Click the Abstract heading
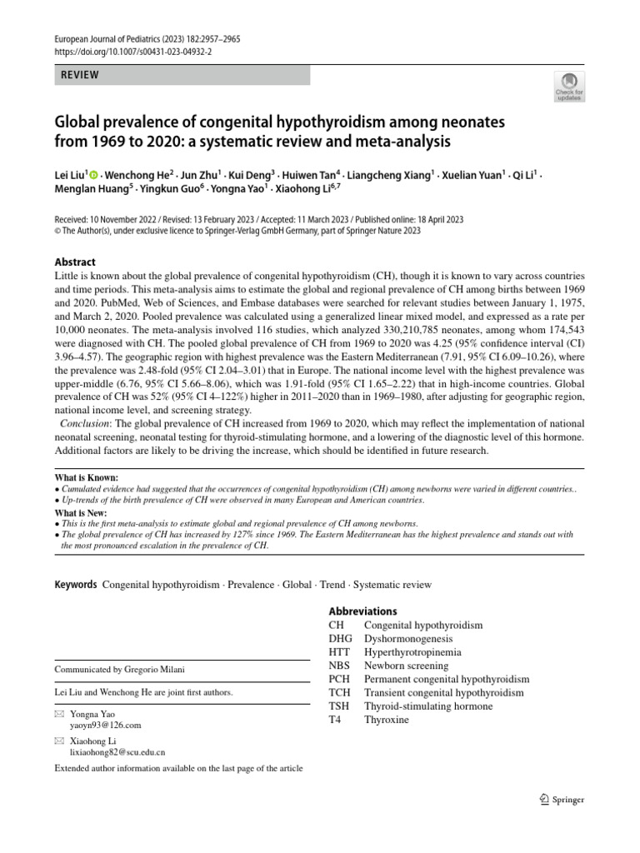click(75, 262)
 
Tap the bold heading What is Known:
click(87, 478)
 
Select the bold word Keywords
click(76, 586)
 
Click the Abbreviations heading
click(362, 611)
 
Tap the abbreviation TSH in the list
click(339, 706)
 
